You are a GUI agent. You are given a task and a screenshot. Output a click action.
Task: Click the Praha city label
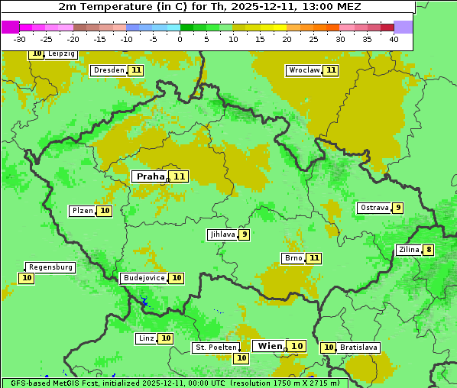click(150, 176)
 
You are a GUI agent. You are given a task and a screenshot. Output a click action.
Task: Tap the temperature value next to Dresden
click(136, 70)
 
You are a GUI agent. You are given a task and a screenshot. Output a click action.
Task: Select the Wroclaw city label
click(303, 70)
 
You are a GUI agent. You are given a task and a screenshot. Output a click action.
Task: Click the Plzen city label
click(82, 211)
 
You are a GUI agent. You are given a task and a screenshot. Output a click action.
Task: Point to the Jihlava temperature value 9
click(244, 234)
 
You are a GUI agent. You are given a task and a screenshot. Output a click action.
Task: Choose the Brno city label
click(293, 258)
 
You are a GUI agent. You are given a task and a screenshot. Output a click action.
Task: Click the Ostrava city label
click(374, 208)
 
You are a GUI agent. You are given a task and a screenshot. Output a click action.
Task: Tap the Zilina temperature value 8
click(429, 250)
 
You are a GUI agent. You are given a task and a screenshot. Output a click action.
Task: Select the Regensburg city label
click(50, 267)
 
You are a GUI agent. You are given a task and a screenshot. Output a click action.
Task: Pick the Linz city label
click(146, 338)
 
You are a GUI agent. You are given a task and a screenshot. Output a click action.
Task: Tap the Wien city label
click(270, 346)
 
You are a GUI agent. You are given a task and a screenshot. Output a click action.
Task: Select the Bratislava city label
click(358, 348)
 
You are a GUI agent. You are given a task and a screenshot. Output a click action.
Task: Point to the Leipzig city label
click(61, 54)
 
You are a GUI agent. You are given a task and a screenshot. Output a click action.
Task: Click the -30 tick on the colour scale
click(20, 39)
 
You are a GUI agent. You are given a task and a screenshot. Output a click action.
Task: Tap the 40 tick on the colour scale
click(394, 39)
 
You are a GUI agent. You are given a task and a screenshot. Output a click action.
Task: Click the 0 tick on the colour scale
click(180, 39)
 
